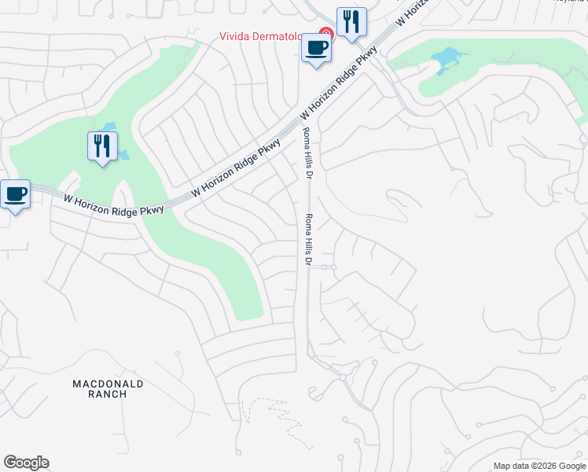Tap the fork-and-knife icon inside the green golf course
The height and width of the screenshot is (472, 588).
pos(102,146)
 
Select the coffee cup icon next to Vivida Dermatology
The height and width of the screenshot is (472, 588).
pos(316,49)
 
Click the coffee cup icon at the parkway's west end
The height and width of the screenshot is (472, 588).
pos(15,194)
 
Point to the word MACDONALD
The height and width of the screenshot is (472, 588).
pos(108,383)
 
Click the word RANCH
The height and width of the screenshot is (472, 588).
pos(108,394)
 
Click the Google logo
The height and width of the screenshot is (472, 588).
pos(26,463)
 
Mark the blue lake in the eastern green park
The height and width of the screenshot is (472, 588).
pos(444,59)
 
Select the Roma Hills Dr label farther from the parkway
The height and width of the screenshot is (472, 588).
pos(309,239)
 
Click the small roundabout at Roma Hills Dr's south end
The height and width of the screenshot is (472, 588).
pos(343,378)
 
